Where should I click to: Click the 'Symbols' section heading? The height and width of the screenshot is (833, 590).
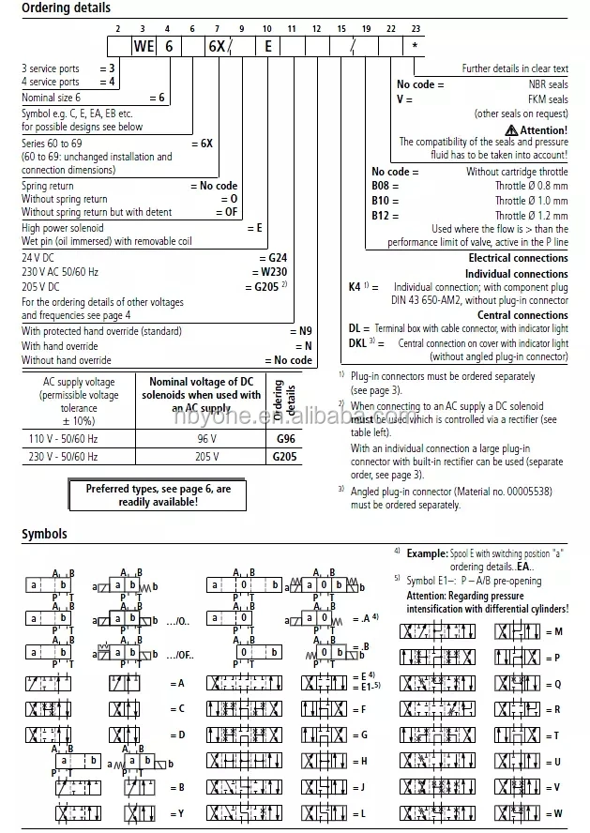45,534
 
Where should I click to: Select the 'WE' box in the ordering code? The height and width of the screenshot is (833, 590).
143,46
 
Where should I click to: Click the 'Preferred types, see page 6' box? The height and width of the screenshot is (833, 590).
158,494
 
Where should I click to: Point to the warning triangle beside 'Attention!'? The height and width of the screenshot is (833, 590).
510,129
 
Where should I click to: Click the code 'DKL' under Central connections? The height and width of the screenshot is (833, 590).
360,342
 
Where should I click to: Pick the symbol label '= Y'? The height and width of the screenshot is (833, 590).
181,812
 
